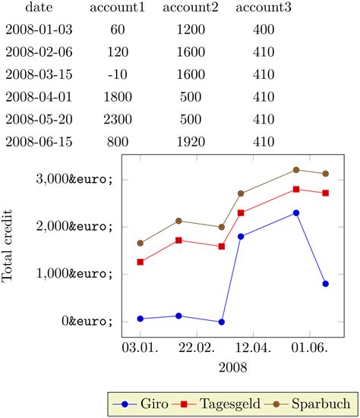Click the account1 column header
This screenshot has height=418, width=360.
[117, 8]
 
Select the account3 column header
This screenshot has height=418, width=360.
[263, 8]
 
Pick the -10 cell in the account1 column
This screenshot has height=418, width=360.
[117, 74]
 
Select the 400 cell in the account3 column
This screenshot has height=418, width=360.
[263, 30]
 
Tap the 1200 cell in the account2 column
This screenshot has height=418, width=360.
[190, 30]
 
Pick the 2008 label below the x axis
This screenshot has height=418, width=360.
[232, 367]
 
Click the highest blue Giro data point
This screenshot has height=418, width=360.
[296, 212]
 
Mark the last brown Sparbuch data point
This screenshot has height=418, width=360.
[325, 174]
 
